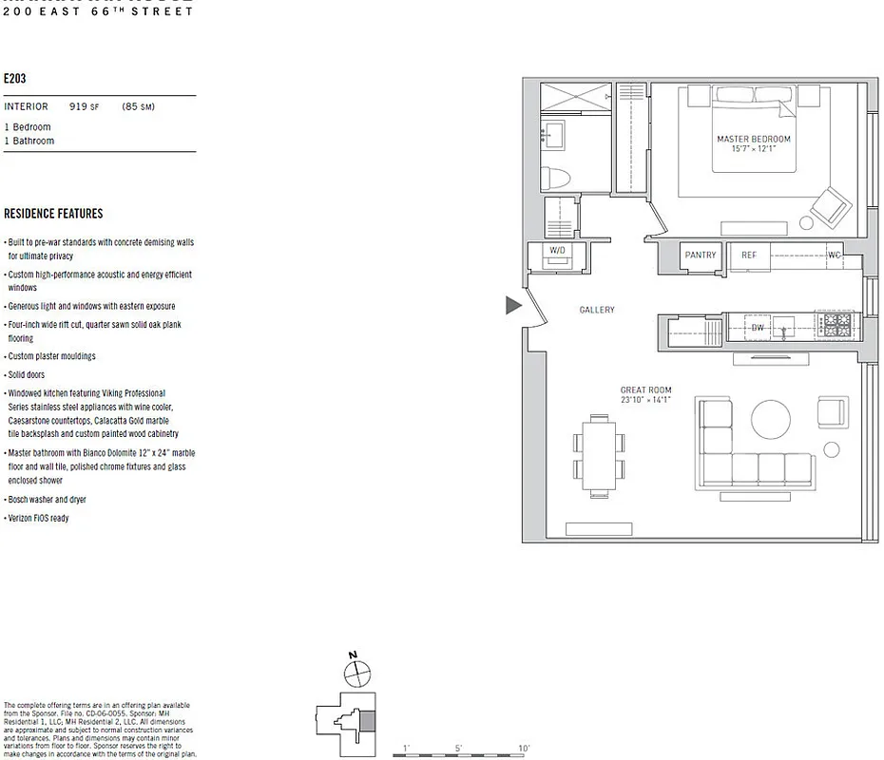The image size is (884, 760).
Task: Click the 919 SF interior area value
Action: coord(85,107)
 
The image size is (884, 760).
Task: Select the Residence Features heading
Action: coord(53,214)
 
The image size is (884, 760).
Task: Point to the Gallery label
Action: coord(597,310)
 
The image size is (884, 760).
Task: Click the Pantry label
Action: coord(701,255)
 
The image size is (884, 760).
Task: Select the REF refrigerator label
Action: coord(749,255)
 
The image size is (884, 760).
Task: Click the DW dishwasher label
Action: coord(758,329)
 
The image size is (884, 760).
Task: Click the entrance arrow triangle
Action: coord(513,305)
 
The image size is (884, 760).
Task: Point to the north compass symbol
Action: coord(356,673)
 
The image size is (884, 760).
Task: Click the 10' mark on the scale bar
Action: coord(523,749)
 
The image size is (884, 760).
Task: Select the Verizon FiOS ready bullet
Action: coord(39,518)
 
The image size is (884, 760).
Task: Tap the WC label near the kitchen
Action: coord(834,255)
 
